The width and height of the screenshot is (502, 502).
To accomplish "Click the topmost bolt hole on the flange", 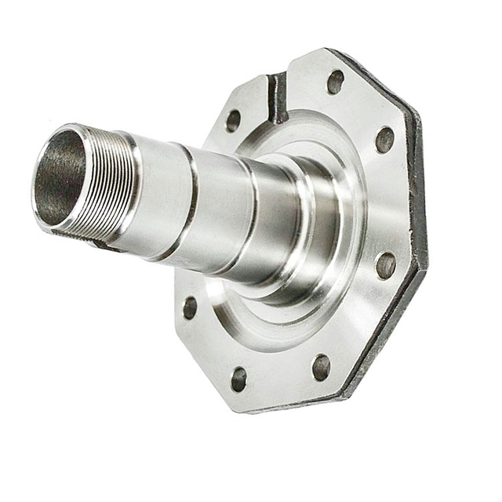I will tap(336, 81).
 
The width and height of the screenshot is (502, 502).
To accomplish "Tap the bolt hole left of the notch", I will tap(233, 120).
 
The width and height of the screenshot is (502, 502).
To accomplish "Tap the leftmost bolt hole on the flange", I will tap(190, 307).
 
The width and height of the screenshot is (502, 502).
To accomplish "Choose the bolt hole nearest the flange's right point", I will tap(386, 265).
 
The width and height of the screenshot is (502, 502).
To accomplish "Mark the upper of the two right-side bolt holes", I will tap(384, 140).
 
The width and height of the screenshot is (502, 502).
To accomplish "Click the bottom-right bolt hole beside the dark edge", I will tap(322, 366).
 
